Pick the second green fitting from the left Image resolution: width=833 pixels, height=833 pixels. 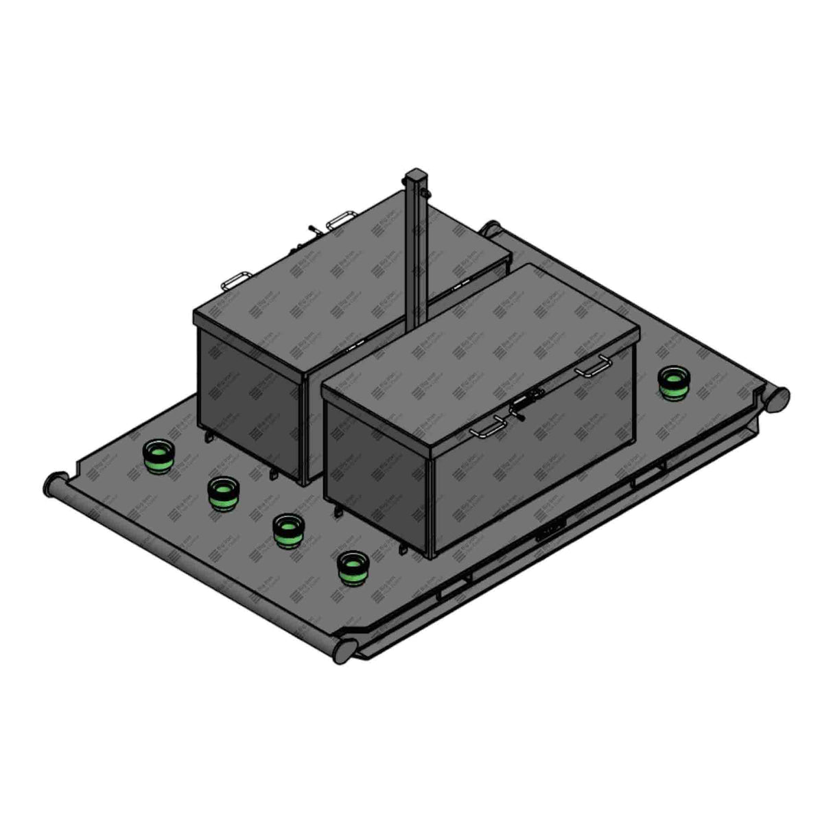tap(222, 494)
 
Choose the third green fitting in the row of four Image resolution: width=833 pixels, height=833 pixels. tap(287, 531)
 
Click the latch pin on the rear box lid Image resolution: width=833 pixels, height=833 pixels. tap(313, 230)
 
